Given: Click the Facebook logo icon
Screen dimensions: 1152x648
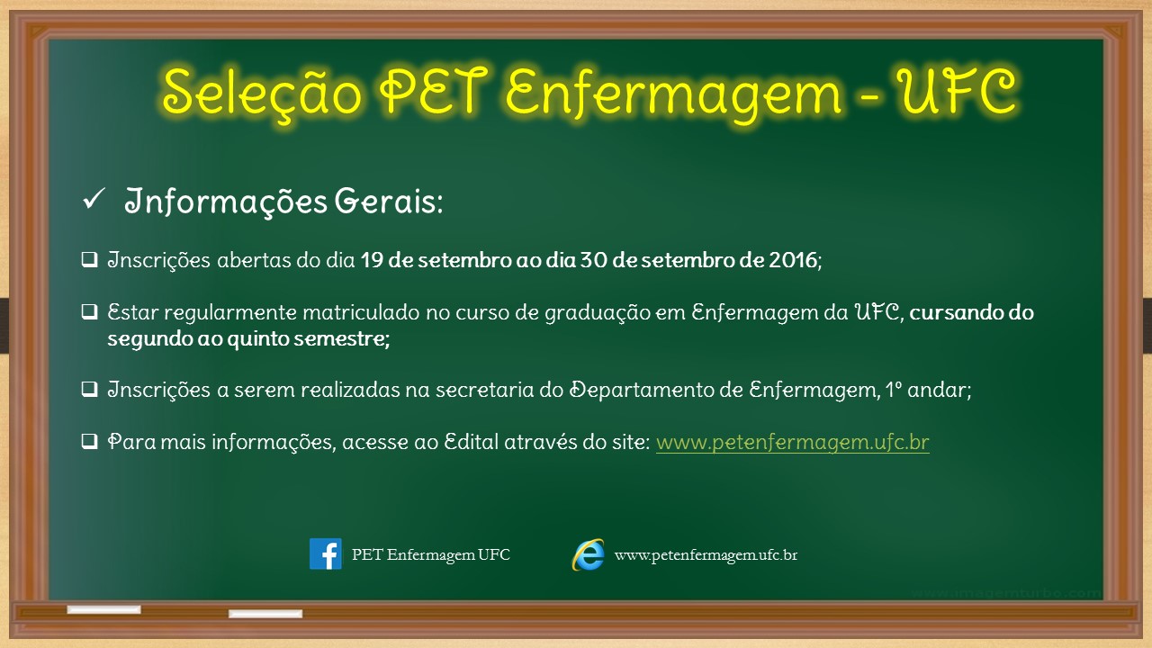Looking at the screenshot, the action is pyautogui.click(x=326, y=553).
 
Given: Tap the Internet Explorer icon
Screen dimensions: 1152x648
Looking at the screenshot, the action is pyautogui.click(x=588, y=554).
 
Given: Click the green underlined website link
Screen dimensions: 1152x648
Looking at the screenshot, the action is pyautogui.click(x=793, y=442).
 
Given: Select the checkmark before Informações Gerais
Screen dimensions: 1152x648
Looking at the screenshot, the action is pyautogui.click(x=94, y=199).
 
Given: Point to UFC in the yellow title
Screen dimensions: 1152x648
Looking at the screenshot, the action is pyautogui.click(x=956, y=91).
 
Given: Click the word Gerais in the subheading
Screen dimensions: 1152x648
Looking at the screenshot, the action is pyautogui.click(x=388, y=201).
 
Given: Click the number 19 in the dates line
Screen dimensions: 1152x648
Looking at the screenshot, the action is pyautogui.click(x=372, y=260).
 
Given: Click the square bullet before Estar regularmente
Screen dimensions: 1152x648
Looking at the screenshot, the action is pyautogui.click(x=89, y=311).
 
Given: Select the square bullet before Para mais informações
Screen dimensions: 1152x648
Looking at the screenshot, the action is pyautogui.click(x=89, y=441).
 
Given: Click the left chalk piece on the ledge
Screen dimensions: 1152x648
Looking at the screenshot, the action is pyautogui.click(x=103, y=609).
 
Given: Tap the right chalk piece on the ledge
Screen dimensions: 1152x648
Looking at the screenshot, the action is pyautogui.click(x=265, y=613).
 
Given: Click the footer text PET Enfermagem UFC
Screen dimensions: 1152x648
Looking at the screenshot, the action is pyautogui.click(x=431, y=555).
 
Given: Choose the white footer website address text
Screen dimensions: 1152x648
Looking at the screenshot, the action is pyautogui.click(x=706, y=555).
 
